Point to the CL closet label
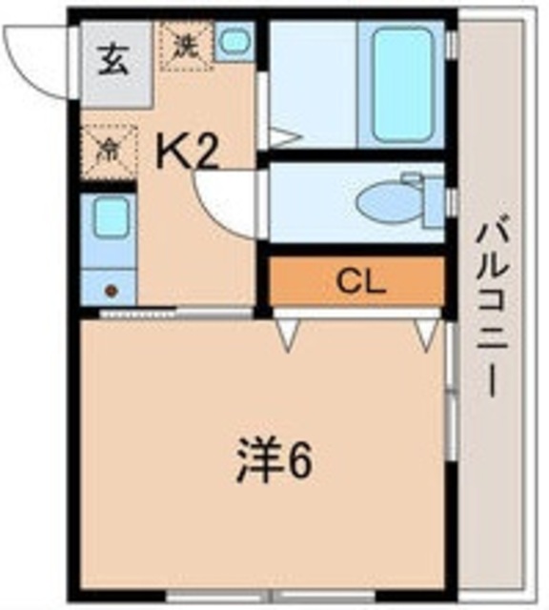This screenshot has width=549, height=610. pos(360,281)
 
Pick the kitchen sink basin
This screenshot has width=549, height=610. pos(110,219)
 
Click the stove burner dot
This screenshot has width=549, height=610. pos(111,291)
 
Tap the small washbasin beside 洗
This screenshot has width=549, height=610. pos(234,42)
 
